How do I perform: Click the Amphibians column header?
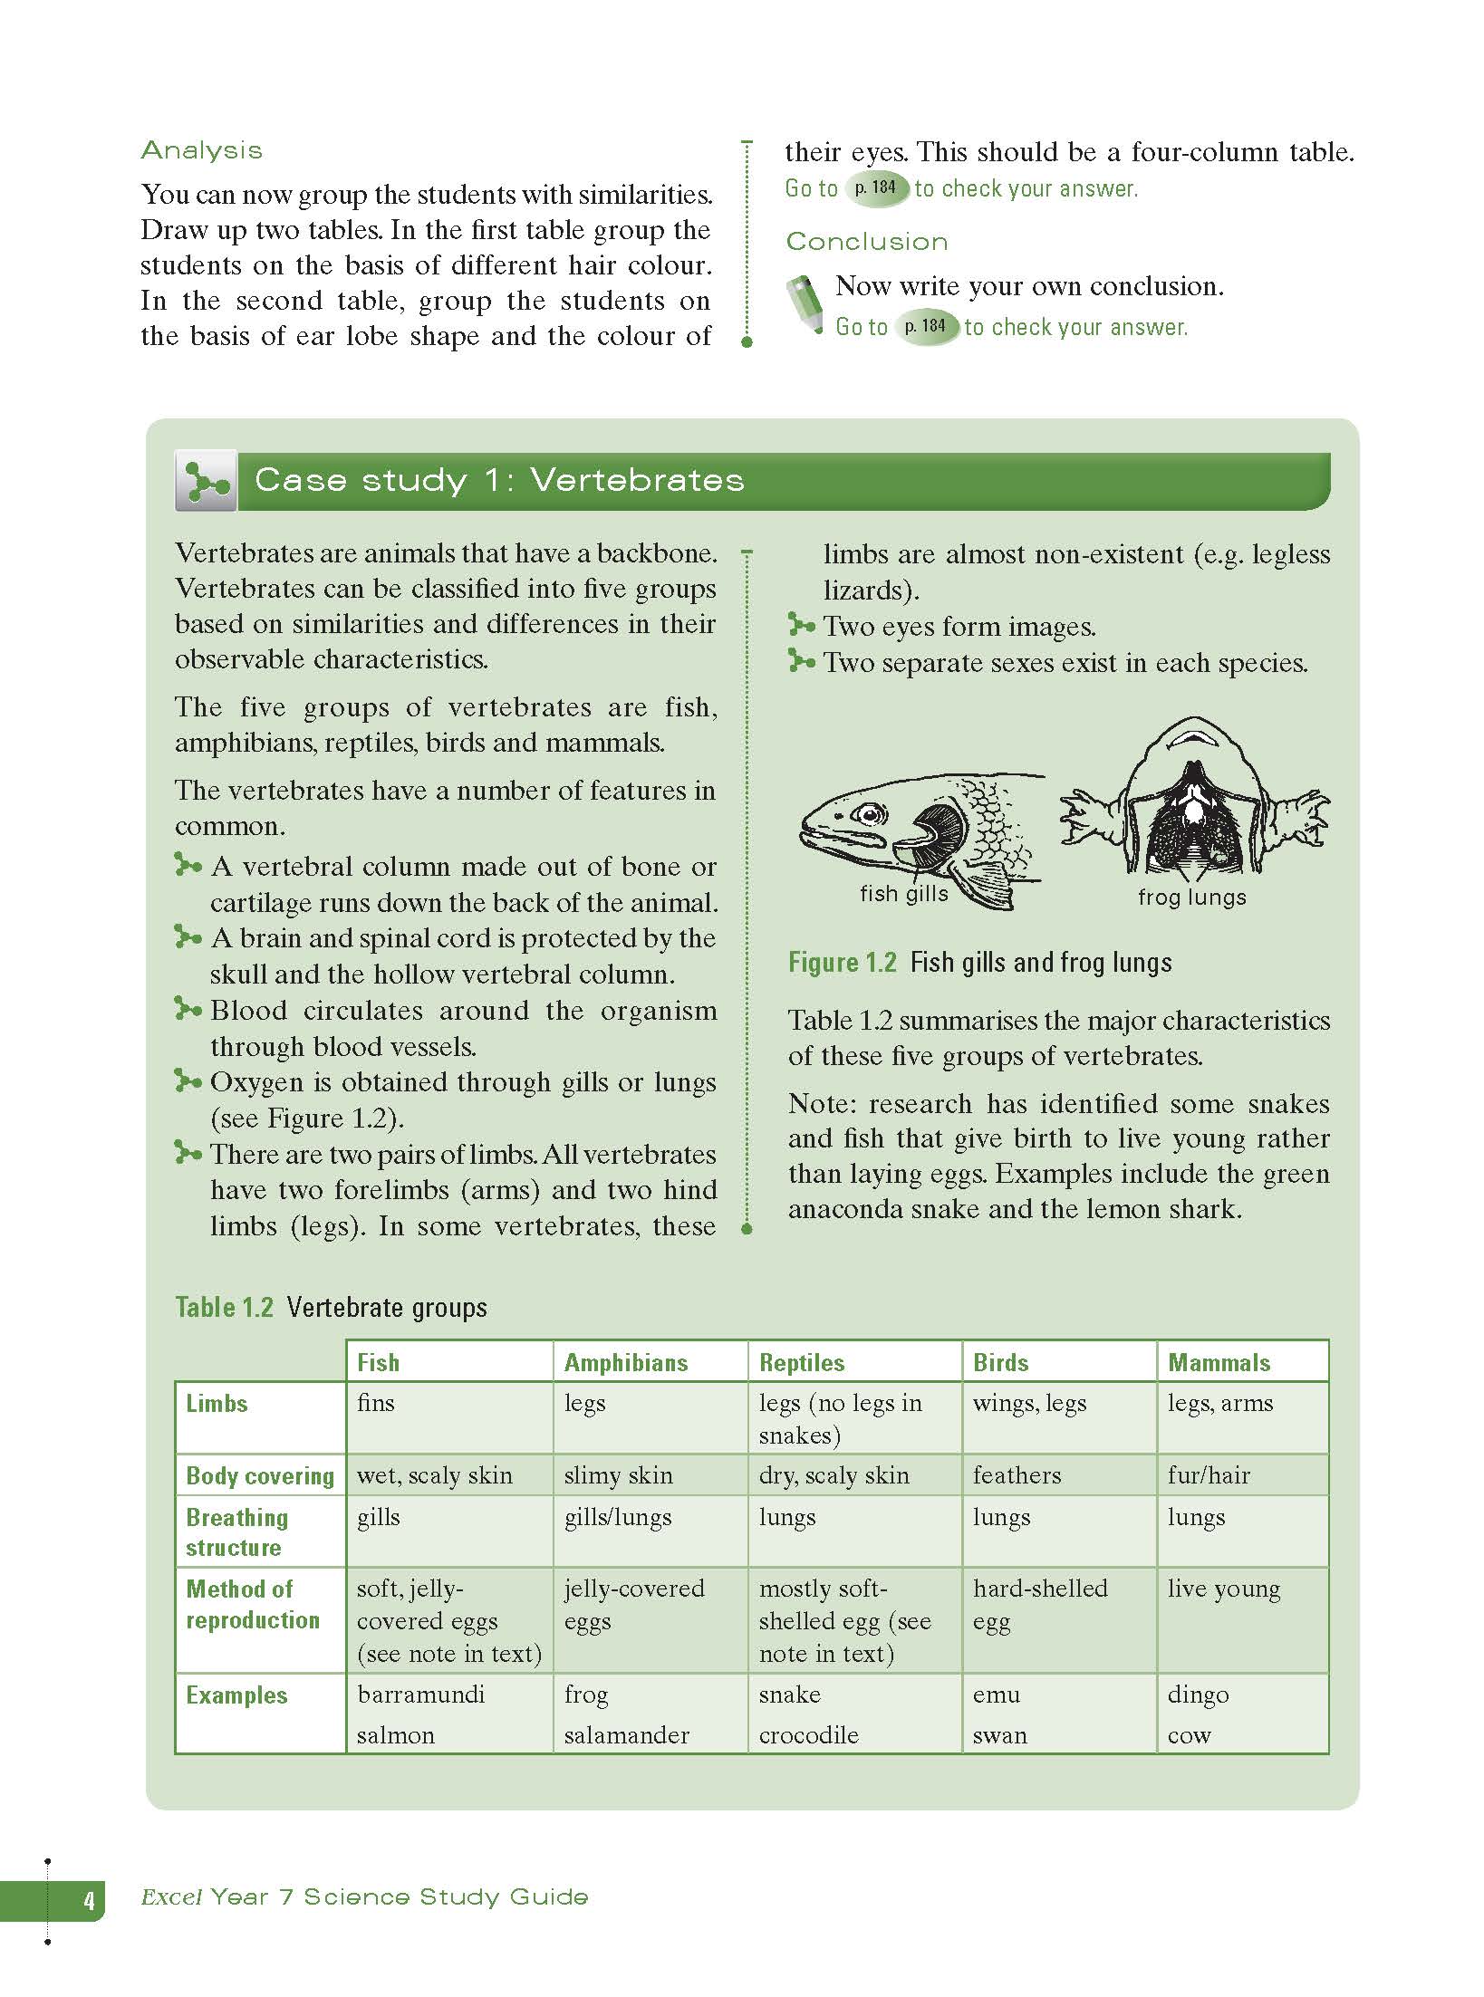click(626, 1362)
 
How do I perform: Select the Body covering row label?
click(260, 1476)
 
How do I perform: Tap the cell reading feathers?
click(1017, 1475)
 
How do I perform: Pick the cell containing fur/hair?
click(1209, 1475)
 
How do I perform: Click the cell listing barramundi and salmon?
click(421, 1714)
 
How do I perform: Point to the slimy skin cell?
click(619, 1475)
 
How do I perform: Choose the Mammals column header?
click(1219, 1362)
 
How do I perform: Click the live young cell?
click(1224, 1589)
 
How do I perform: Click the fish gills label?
click(903, 894)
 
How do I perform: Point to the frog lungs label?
click(1192, 897)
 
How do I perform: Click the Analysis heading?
click(202, 150)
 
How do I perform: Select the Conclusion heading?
click(867, 241)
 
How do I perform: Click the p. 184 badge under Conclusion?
click(925, 326)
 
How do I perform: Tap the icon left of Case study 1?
click(206, 480)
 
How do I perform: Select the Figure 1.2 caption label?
click(842, 962)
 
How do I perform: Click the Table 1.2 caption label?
click(224, 1307)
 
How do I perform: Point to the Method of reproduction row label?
click(253, 1604)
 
